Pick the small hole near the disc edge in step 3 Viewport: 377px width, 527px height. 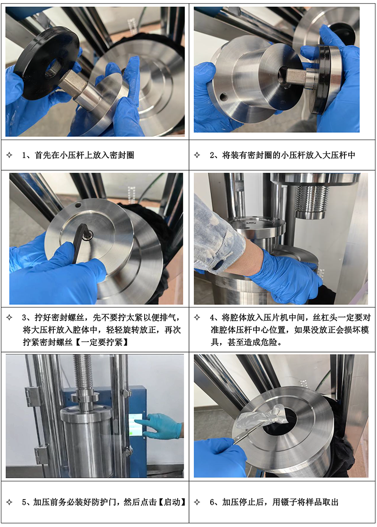tap(78, 205)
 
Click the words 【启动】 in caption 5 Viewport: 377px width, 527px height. tap(172, 502)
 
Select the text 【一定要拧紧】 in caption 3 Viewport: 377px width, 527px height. tap(101, 342)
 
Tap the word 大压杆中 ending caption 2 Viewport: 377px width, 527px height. tap(339, 155)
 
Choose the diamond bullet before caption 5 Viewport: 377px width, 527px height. tap(9, 502)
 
